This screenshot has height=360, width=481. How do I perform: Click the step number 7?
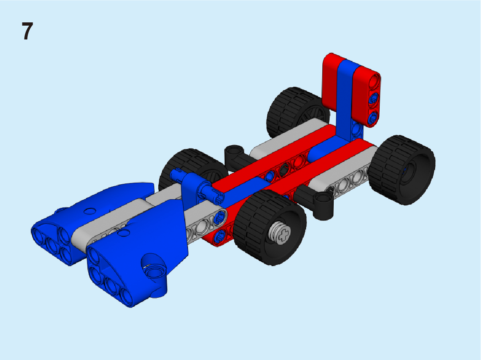tap(27, 31)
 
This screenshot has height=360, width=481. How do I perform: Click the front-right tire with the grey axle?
tap(270, 227)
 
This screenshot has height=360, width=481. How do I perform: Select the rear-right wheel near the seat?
tap(402, 170)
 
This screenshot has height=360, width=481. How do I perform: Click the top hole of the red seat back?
tap(374, 82)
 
